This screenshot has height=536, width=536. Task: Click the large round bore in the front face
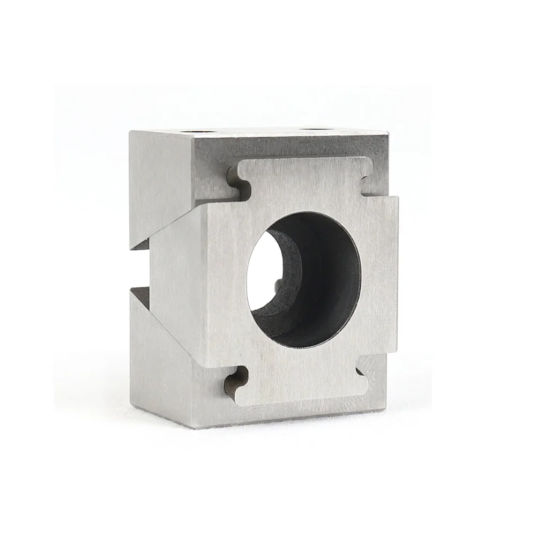(x=304, y=279)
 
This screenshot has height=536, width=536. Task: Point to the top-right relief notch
(x=369, y=182)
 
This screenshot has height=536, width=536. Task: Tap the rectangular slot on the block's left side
(x=140, y=268)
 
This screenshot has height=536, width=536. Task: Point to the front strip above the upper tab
(x=300, y=147)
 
